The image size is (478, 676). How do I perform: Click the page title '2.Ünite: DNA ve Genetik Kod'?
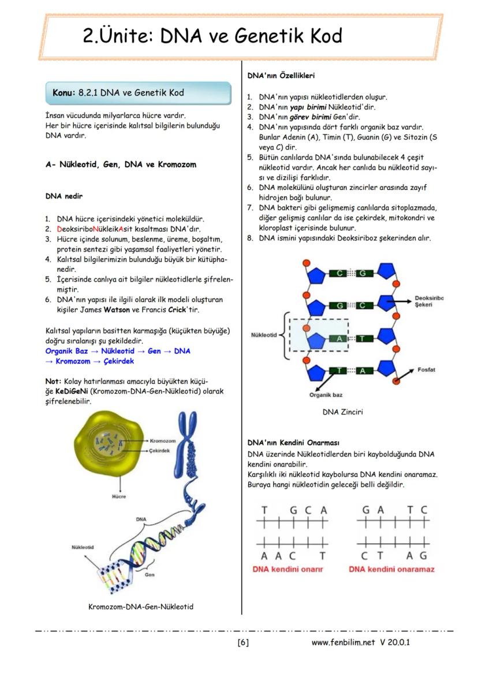212,36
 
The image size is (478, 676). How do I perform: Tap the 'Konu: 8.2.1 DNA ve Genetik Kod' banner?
118,92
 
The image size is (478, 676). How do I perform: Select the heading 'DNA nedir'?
64,196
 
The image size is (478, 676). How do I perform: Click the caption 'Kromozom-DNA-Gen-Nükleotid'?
141,607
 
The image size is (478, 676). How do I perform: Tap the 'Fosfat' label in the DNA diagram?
428,369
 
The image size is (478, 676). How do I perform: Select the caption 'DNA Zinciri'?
343,412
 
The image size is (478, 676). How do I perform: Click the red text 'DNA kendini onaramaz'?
391,569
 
